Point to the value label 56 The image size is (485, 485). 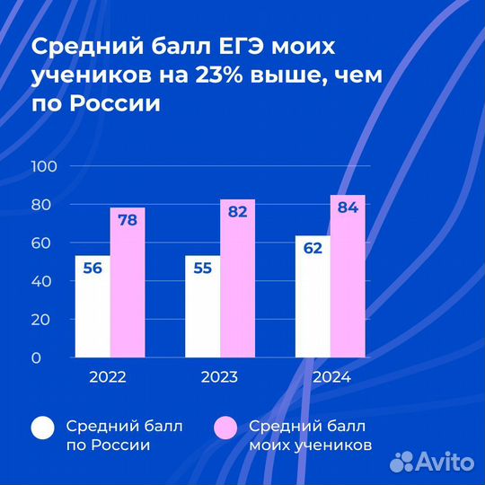click(x=93, y=269)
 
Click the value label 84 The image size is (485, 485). click(x=348, y=208)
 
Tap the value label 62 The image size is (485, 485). click(x=313, y=249)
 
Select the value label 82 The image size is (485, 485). click(x=238, y=213)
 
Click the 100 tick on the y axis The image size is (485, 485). click(x=44, y=166)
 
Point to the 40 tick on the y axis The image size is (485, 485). click(x=47, y=281)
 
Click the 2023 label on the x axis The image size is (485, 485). click(x=219, y=377)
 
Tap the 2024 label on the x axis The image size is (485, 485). click(x=331, y=377)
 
